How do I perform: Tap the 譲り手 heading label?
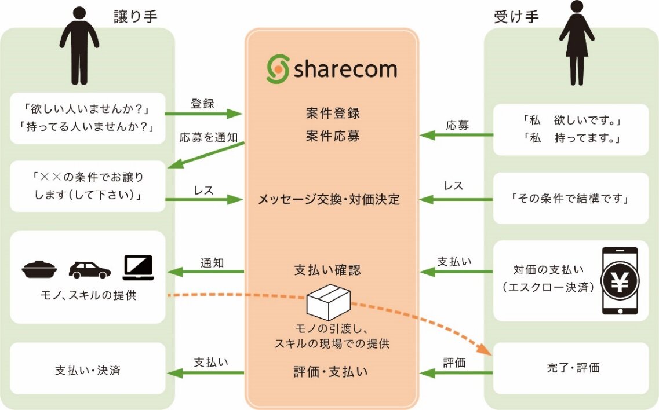tap(136, 17)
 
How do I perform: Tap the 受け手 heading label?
tap(516, 17)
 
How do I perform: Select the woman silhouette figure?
tap(576, 43)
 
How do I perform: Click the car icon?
tap(89, 269)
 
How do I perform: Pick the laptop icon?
tap(138, 268)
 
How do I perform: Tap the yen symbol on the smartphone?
tap(620, 281)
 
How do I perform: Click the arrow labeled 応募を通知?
tap(205, 155)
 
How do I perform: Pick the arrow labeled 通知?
tap(205, 271)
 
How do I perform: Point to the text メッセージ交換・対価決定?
tap(329, 200)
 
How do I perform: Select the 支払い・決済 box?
tap(88, 370)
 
